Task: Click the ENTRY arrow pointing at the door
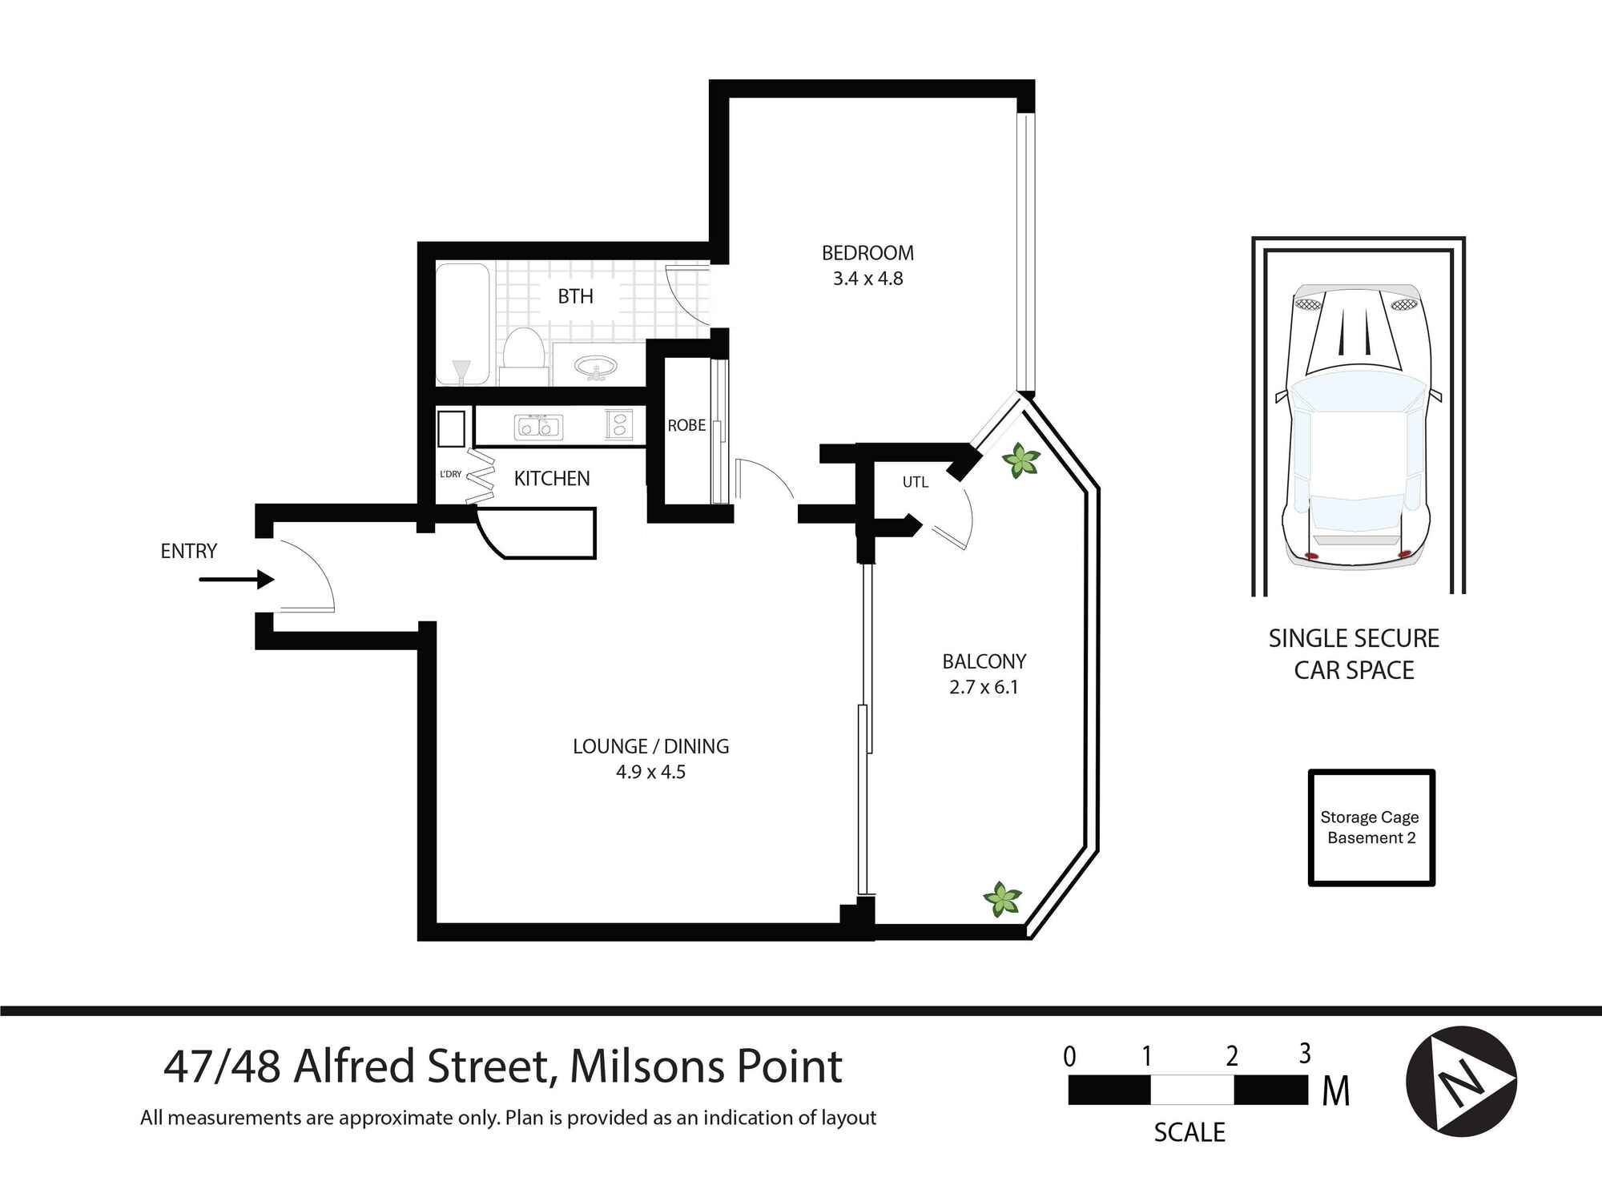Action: pyautogui.click(x=237, y=579)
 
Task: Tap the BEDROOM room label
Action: pyautogui.click(x=867, y=253)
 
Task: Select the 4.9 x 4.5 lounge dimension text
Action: pyautogui.click(x=650, y=772)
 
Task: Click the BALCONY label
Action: pyautogui.click(x=984, y=661)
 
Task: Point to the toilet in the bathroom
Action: pyautogui.click(x=524, y=354)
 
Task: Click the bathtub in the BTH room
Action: pyautogui.click(x=462, y=324)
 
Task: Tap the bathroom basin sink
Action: pyautogui.click(x=596, y=368)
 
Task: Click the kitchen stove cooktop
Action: pyautogui.click(x=619, y=424)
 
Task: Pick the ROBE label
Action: pyautogui.click(x=686, y=425)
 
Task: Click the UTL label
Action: pyautogui.click(x=915, y=482)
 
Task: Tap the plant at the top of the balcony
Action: pyautogui.click(x=1020, y=461)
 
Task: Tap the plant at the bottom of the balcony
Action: pyautogui.click(x=1002, y=899)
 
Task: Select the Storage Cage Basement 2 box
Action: pyautogui.click(x=1371, y=827)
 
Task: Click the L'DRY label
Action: pyautogui.click(x=451, y=474)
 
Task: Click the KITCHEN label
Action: pyautogui.click(x=551, y=479)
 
